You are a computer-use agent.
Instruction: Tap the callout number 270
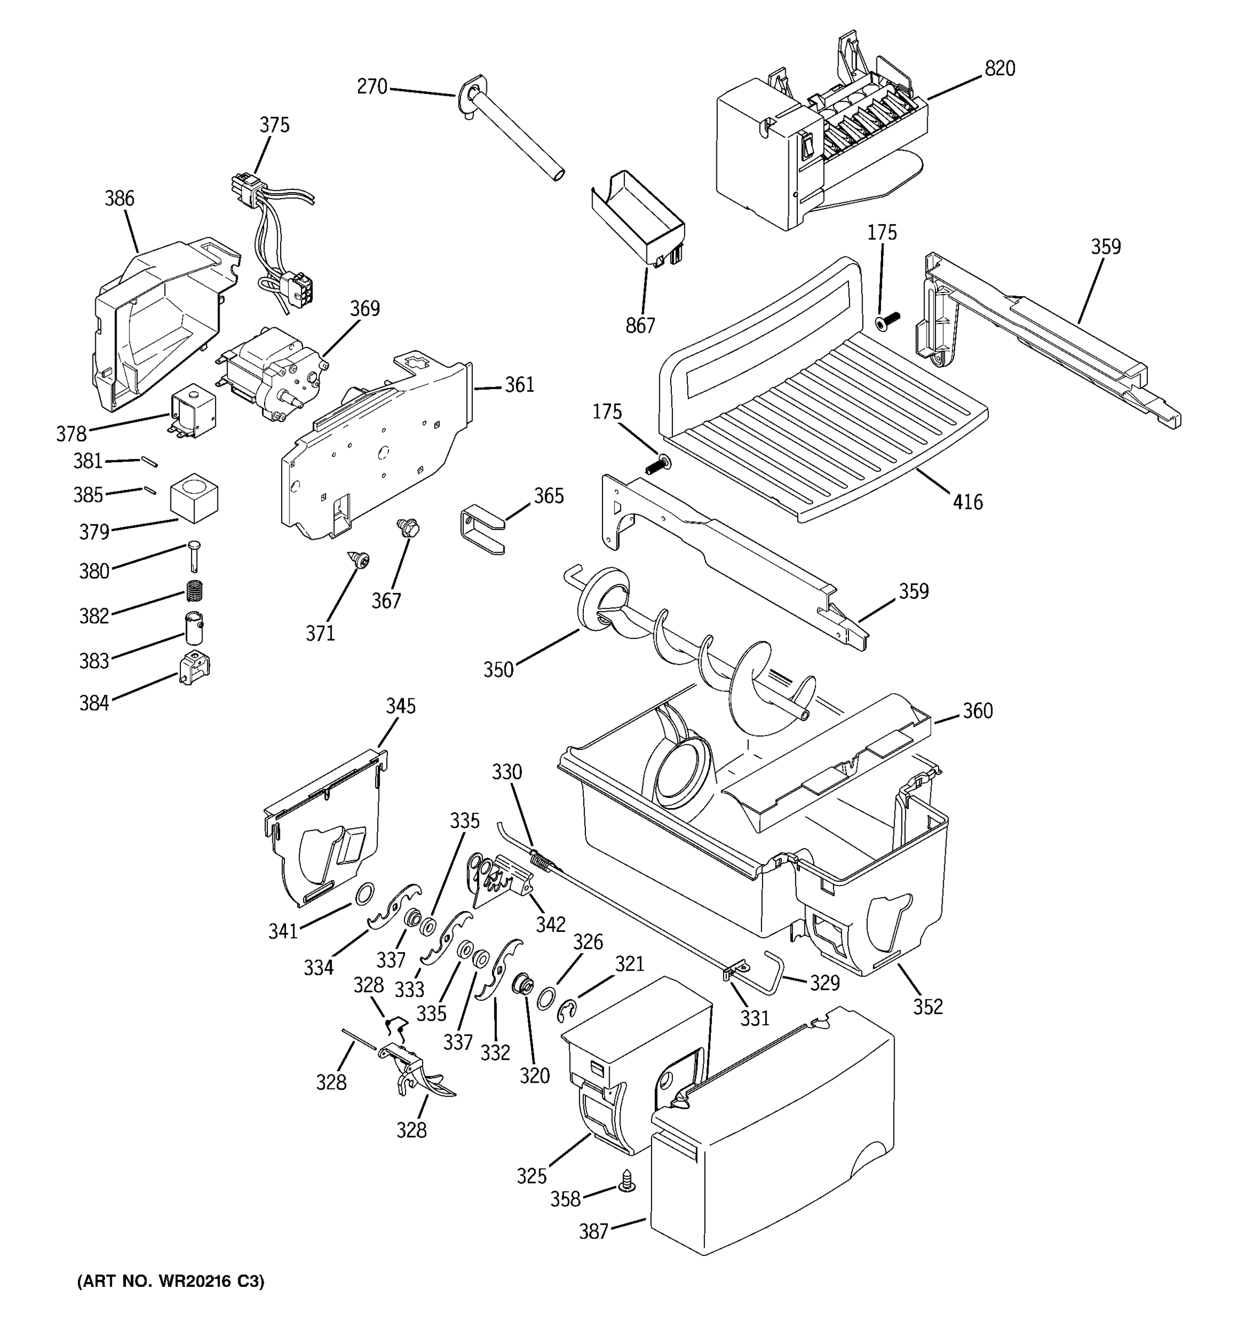(372, 86)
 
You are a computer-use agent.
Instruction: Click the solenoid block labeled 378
(193, 413)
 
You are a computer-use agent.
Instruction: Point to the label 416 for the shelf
(967, 501)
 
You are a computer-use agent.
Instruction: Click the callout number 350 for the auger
(498, 669)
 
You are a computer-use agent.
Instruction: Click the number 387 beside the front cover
(593, 1231)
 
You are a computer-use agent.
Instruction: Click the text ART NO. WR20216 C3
(171, 1281)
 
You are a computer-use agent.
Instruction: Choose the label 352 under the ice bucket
(927, 1007)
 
